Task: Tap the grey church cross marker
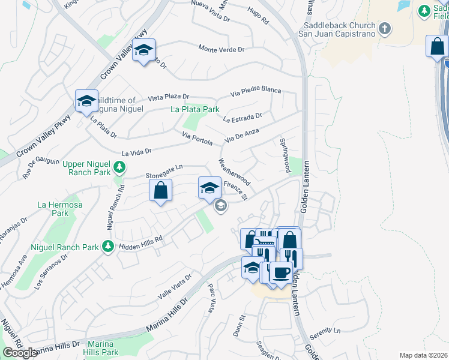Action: (x=385, y=28)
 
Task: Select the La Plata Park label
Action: (x=194, y=109)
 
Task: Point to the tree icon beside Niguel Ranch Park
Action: (x=107, y=246)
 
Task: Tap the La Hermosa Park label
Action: (x=59, y=209)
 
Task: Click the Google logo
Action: (x=20, y=353)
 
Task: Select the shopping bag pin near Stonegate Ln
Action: (x=160, y=191)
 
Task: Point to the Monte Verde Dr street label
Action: (x=222, y=49)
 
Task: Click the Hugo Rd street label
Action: (x=258, y=16)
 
